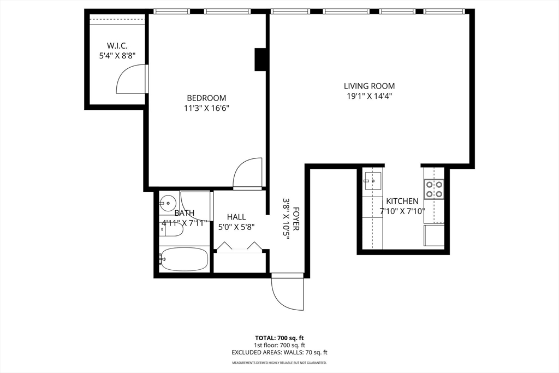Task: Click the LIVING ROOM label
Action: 369,86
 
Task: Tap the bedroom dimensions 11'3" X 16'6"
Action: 206,108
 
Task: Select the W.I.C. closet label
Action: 117,46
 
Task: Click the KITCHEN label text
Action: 402,201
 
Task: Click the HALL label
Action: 236,217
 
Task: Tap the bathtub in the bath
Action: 184,259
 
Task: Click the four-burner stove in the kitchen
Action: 435,189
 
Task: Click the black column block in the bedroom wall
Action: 260,60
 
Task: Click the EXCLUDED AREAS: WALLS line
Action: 279,353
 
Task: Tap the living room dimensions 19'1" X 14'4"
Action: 369,96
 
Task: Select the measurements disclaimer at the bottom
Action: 279,363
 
